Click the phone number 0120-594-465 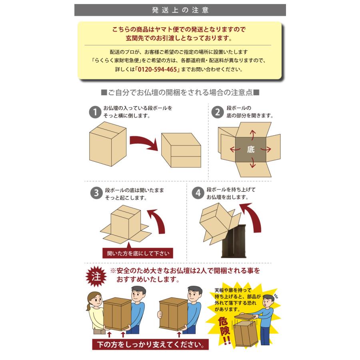click(x=157, y=69)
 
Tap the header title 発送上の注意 click(x=180, y=10)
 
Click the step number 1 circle click(x=95, y=112)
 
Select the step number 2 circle click(x=218, y=112)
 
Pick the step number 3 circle click(x=96, y=193)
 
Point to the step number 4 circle click(x=198, y=193)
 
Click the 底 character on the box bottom click(x=251, y=150)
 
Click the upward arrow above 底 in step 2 click(x=252, y=135)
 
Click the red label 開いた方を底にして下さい click(x=138, y=253)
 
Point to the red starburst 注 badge click(x=96, y=276)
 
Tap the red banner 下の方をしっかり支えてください click(x=151, y=344)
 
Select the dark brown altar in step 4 click(x=234, y=241)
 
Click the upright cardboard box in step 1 click(x=108, y=144)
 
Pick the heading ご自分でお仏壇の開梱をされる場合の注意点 click(x=180, y=92)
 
